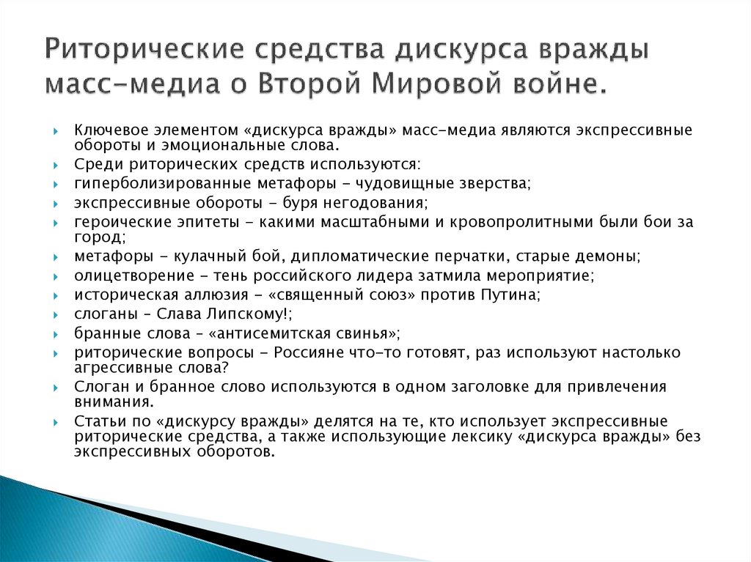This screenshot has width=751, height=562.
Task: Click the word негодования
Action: coord(373,202)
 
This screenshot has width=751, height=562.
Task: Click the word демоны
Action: coord(612,257)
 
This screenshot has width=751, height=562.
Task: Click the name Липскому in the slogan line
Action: coord(248,314)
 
